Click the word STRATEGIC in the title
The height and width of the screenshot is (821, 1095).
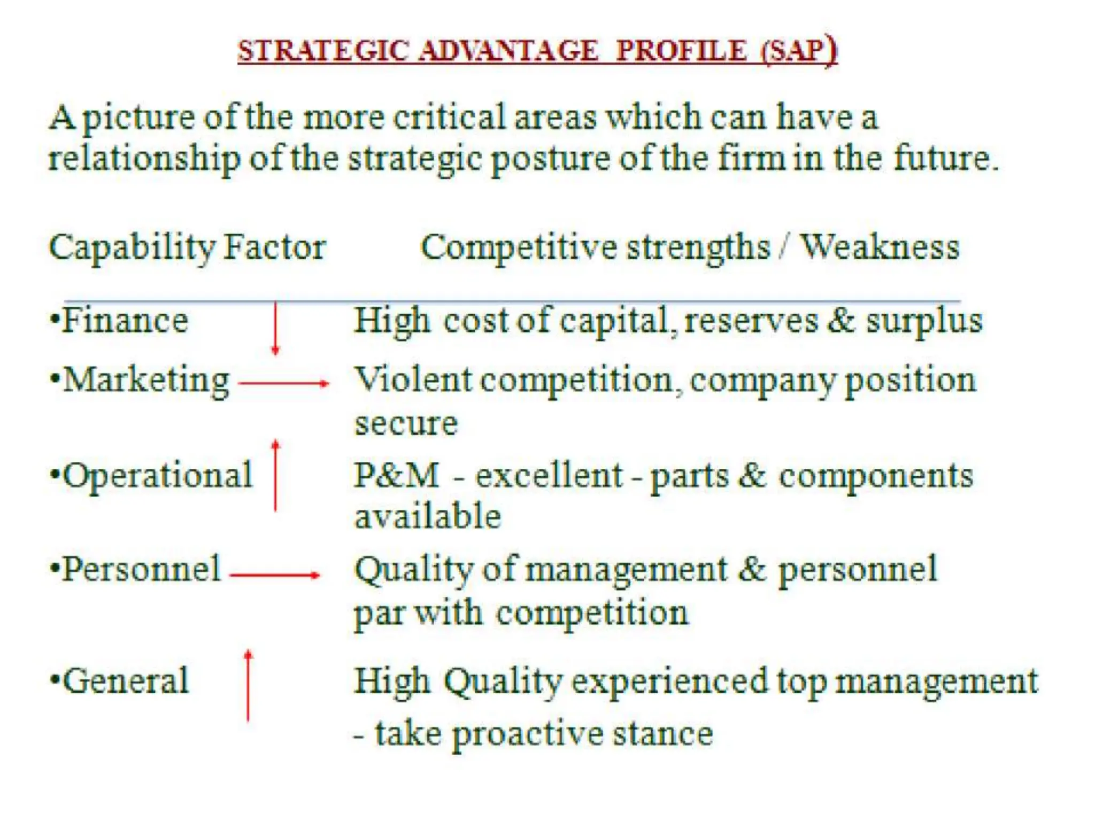tap(323, 51)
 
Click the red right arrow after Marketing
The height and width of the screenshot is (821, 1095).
tap(283, 383)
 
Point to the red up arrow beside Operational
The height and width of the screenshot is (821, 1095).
tap(275, 475)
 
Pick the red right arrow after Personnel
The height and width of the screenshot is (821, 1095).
tap(275, 575)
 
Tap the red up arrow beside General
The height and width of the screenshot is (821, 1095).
tap(248, 686)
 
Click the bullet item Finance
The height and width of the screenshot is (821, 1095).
tap(125, 321)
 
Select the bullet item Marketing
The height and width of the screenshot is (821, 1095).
tap(146, 381)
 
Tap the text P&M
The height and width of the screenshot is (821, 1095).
tap(396, 475)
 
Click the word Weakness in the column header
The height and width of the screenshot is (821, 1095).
tap(880, 247)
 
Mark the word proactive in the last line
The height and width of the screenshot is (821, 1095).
tap(528, 734)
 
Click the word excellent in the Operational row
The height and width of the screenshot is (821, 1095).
tap(550, 475)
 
